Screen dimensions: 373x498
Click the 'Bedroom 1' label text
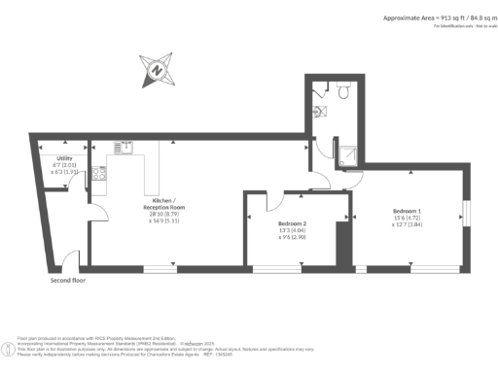click(407, 211)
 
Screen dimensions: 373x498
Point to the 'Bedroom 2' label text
click(293, 222)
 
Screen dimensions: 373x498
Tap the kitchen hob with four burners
click(98, 174)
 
